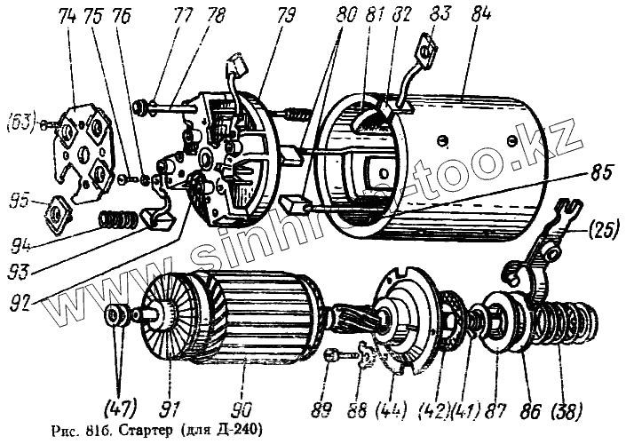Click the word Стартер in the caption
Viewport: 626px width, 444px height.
(x=147, y=431)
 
